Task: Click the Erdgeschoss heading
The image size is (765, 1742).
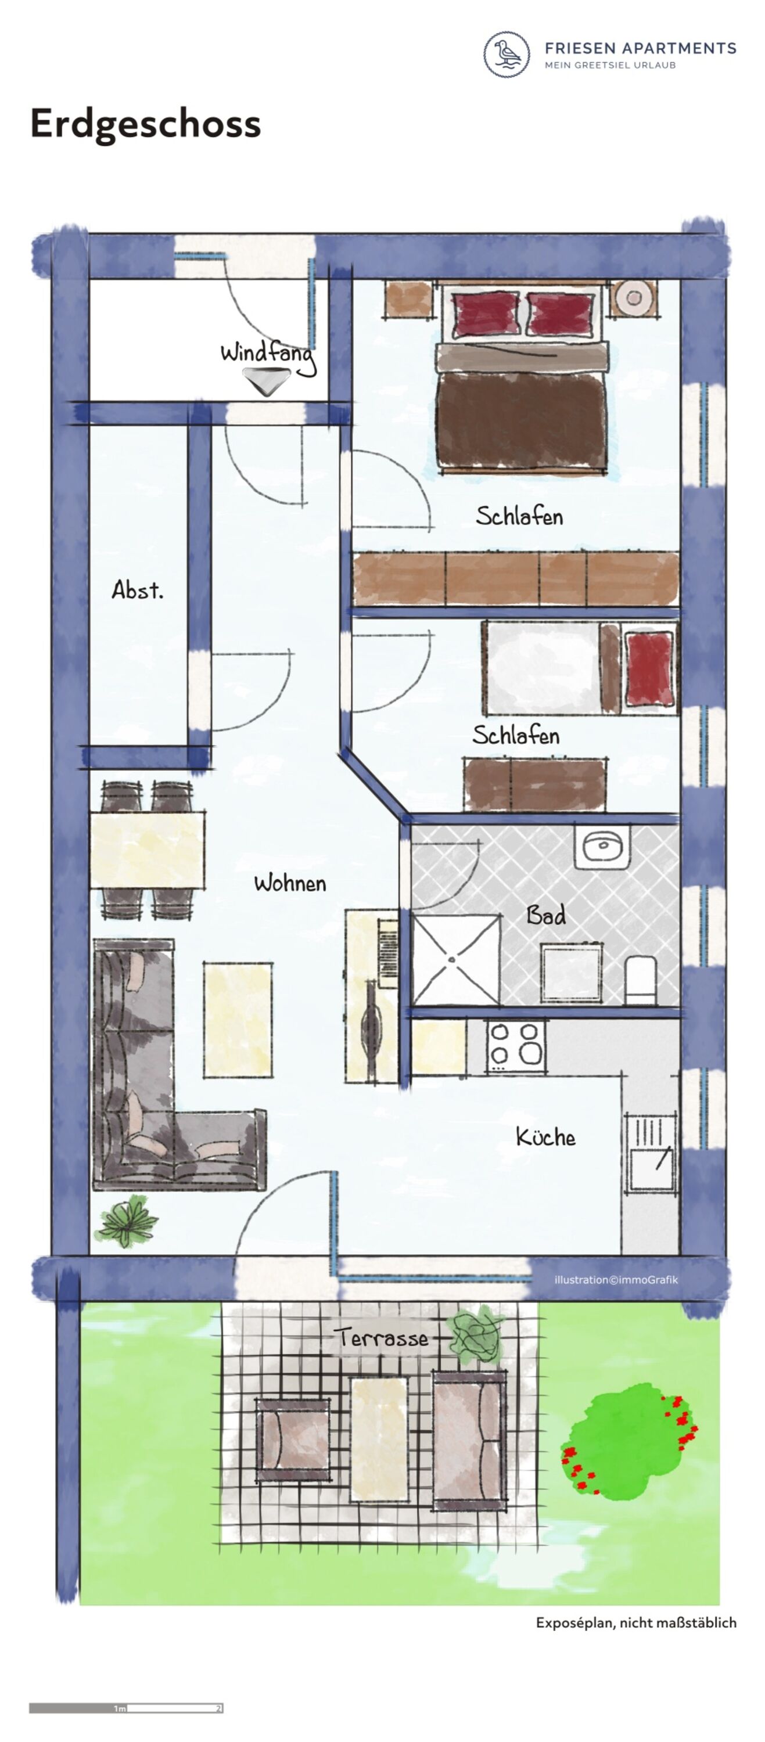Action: (x=145, y=124)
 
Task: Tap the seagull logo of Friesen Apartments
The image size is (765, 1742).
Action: (x=507, y=54)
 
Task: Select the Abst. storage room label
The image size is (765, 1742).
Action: (x=137, y=590)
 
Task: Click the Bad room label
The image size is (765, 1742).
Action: (x=546, y=915)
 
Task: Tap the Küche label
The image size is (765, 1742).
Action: (x=545, y=1137)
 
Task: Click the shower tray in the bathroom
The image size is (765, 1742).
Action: (x=455, y=960)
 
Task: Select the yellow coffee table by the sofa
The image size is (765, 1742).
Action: (x=238, y=1020)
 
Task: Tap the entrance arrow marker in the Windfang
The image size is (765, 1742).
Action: (x=266, y=381)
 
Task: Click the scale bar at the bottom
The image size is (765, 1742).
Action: (x=126, y=1708)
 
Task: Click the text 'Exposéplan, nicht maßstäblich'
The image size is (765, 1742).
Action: (x=636, y=1622)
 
